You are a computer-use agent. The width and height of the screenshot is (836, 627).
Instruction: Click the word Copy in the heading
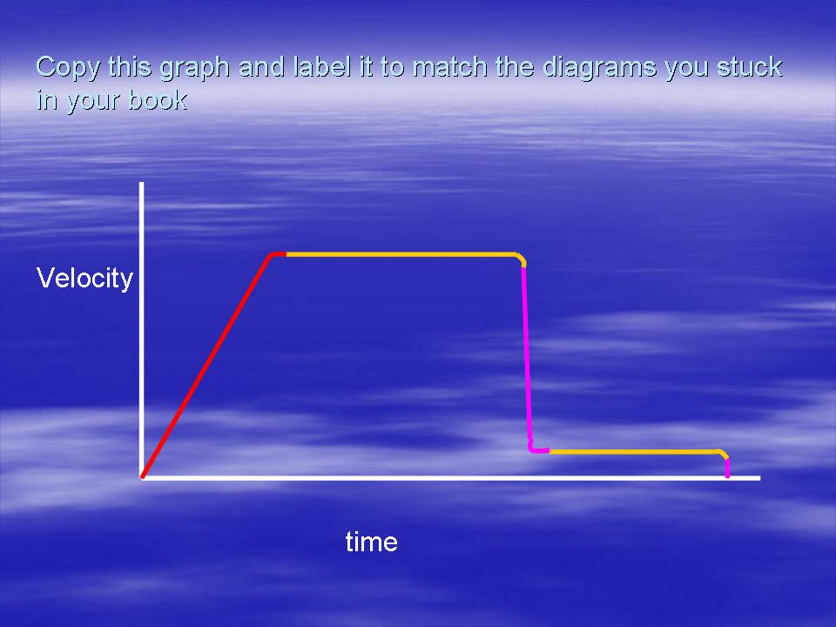click(x=68, y=68)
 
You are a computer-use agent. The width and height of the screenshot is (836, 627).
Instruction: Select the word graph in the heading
click(x=195, y=68)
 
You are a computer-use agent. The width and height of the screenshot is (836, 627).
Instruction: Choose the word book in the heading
click(x=158, y=99)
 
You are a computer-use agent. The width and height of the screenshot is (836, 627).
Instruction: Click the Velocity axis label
click(x=84, y=279)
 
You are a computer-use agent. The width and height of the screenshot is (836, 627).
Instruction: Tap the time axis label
click(x=372, y=542)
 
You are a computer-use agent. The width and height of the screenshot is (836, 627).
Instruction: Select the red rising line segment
click(x=207, y=366)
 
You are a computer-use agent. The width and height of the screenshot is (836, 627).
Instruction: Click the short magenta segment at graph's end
click(x=727, y=468)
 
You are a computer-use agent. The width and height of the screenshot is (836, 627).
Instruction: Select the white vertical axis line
click(x=142, y=330)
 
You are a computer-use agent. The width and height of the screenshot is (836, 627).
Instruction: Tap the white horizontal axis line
click(x=451, y=478)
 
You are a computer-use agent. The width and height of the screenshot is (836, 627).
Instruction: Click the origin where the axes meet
click(x=142, y=478)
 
